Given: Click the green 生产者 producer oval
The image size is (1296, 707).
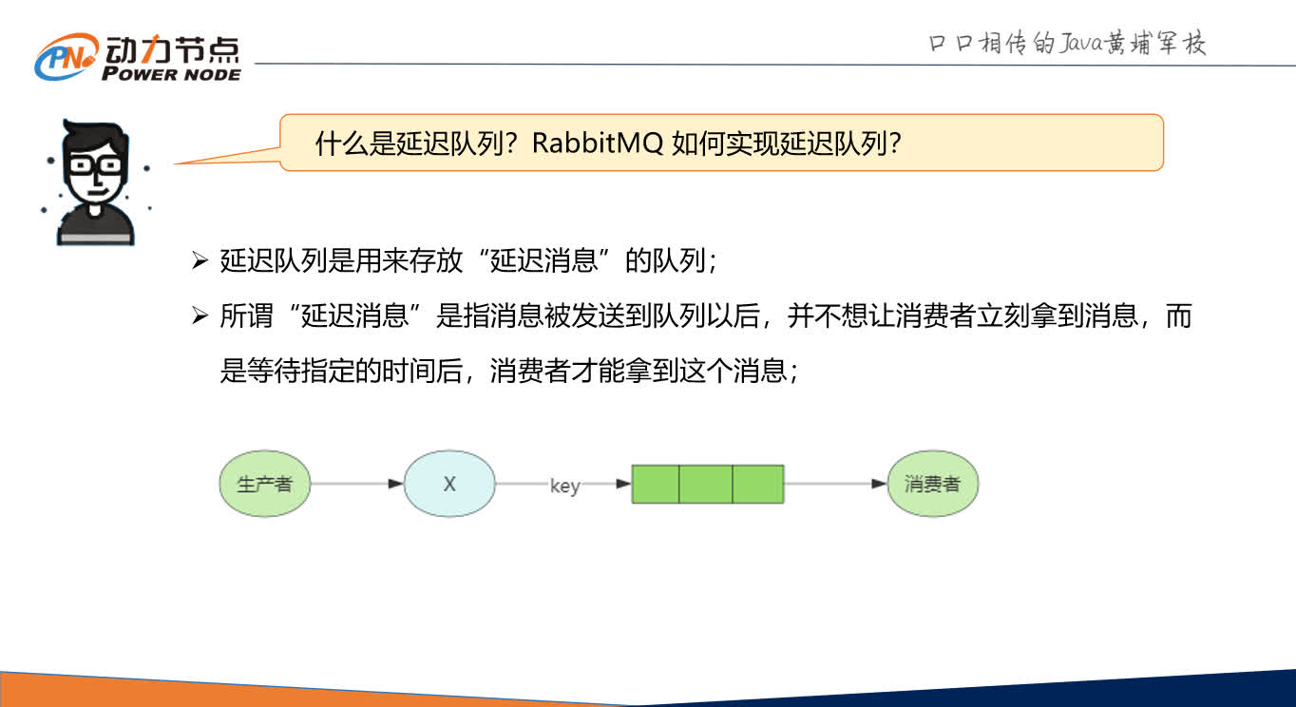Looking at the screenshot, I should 264,484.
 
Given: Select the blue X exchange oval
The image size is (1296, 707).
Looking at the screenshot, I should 449,484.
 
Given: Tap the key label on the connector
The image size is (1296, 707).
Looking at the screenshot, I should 564,486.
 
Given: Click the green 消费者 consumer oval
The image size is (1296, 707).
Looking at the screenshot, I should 932,484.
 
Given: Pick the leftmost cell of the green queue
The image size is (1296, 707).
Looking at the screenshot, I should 656,484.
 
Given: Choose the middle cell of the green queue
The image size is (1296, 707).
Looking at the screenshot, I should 706,484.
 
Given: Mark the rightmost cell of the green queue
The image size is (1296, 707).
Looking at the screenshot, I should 757,484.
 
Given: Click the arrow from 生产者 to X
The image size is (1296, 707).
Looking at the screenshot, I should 356,484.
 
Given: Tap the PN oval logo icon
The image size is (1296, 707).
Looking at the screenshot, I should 67,58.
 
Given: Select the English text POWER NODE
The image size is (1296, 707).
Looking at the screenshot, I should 171,74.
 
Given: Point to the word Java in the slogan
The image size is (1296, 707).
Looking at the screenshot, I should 1057,44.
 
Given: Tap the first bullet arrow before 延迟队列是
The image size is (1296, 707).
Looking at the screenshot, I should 200,261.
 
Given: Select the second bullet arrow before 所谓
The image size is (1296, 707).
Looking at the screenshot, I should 200,316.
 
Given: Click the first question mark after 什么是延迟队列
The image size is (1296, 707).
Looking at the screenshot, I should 510,143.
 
